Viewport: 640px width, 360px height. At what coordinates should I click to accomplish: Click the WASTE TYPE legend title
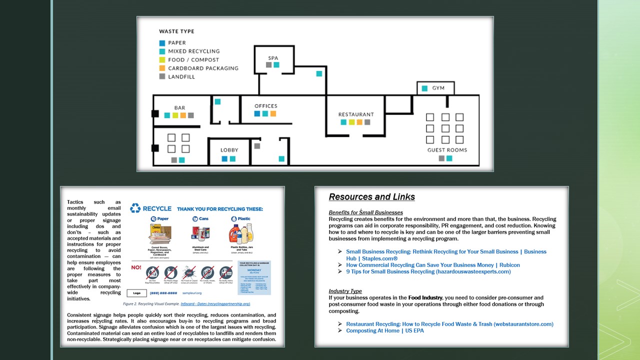tap(176, 31)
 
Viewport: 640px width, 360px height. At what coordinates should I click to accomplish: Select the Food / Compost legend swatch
tap(162, 60)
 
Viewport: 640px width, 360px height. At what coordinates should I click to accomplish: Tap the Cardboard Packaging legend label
tap(203, 68)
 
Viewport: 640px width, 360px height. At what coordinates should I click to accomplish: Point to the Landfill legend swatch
tap(162, 77)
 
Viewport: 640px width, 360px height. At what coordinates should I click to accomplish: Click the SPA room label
tap(273, 58)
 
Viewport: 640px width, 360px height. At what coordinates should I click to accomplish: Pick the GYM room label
tap(438, 88)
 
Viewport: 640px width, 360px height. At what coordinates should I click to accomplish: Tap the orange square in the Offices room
tap(273, 114)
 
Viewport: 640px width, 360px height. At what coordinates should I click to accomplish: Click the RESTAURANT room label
tap(356, 114)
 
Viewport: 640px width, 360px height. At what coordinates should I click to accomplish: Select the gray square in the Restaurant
tap(367, 122)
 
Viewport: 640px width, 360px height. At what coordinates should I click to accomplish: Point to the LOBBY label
tap(229, 150)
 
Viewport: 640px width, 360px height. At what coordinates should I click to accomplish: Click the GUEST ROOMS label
tap(447, 150)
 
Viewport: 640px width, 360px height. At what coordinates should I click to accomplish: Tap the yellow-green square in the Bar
tap(175, 115)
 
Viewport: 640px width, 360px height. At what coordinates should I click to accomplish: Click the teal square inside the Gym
tap(424, 88)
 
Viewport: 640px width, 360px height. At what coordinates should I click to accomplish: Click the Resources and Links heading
tap(371, 197)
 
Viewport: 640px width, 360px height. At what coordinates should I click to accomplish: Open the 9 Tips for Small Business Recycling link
tap(428, 272)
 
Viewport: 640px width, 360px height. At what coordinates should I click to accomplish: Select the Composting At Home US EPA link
tap(385, 331)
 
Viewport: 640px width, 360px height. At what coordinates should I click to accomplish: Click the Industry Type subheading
tap(345, 291)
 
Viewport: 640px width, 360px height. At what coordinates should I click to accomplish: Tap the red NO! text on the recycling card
tap(135, 267)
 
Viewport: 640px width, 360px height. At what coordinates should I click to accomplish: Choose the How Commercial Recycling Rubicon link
tap(433, 265)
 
